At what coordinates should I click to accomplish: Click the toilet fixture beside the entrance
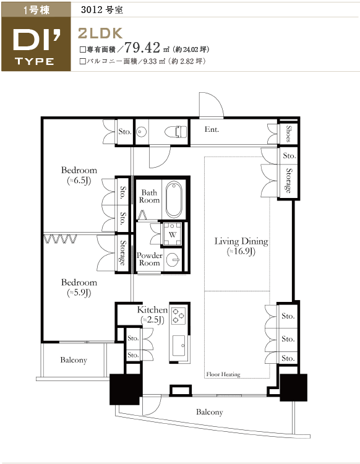pos(176,132)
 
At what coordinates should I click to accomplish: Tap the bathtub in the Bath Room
pos(174,199)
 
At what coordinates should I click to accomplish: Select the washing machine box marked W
pos(173,234)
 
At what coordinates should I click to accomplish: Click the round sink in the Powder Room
pos(173,260)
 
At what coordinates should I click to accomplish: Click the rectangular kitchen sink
pos(179,345)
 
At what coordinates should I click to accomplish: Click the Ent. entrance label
pos(212,129)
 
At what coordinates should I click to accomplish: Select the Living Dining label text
pos(241,241)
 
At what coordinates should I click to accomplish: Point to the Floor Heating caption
pos(223,374)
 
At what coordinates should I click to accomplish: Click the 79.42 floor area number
pos(142,47)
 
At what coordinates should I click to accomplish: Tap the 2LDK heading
pos(100,33)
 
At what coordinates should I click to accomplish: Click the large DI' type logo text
pos(36,40)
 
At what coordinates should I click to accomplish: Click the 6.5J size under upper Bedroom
pos(79,181)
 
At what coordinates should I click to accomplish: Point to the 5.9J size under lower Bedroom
pos(79,293)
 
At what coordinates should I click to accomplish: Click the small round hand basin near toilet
pos(142,132)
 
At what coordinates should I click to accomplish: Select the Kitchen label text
pos(152,310)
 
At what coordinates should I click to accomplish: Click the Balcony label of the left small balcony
pos(74,360)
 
